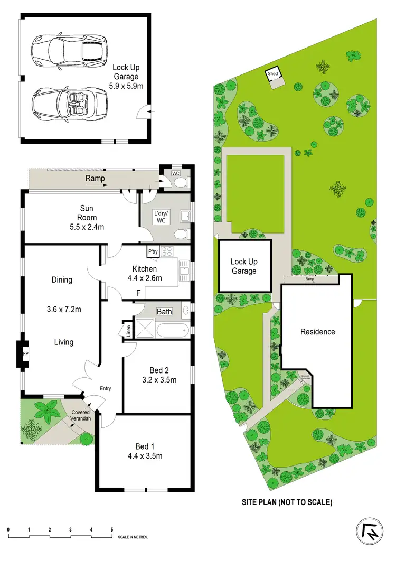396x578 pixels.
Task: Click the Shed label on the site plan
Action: pos(273,73)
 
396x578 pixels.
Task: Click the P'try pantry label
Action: pos(153,252)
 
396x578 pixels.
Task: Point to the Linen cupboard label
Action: pos(128,330)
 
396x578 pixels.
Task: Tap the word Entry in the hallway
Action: pos(106,389)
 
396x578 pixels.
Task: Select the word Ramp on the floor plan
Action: pos(95,179)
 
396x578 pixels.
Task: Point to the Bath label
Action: pos(164,312)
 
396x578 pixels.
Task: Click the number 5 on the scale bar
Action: pos(111,529)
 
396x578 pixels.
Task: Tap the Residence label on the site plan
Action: pos(318,332)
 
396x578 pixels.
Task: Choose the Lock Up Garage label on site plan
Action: pos(243,266)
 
